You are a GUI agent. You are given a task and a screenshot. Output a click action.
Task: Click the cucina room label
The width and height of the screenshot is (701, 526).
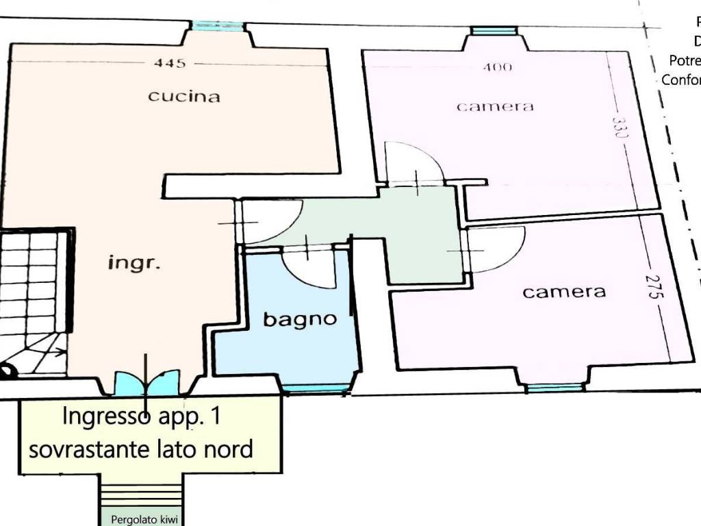pos(184,96)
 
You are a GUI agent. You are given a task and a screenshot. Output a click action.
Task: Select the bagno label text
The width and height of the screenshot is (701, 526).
pos(301,318)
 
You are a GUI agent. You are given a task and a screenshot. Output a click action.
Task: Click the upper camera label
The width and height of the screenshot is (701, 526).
pos(495,106)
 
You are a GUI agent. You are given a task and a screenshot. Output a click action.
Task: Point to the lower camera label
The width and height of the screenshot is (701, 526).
pos(564,292)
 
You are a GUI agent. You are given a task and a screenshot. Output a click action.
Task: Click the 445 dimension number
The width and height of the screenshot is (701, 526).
pos(170,63)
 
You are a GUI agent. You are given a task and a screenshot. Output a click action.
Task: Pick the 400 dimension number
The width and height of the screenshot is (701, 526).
pos(498,67)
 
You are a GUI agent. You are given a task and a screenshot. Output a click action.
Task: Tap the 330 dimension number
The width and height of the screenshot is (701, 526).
pos(620,128)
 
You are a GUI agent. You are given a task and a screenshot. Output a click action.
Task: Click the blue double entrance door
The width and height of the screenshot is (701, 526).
pos(146,383)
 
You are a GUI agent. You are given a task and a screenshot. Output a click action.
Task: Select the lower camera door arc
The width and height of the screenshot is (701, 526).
pos(494,249)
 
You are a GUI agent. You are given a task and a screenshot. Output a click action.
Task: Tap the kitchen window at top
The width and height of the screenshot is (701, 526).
pos(217,27)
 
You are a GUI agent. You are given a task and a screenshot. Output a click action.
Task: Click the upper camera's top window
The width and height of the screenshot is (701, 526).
pos(494,31)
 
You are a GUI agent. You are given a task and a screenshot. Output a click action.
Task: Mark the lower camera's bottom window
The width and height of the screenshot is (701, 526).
pos(555,388)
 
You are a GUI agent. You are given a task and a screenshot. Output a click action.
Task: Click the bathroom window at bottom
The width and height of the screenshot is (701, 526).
pos(316,390)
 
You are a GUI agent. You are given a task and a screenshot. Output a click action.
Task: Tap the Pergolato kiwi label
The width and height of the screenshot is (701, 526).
pos(144,519)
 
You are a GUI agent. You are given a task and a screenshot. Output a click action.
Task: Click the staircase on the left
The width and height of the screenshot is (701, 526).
pos(34,301)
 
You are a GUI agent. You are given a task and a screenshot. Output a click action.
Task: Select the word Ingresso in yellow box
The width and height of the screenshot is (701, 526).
pos(105,416)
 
